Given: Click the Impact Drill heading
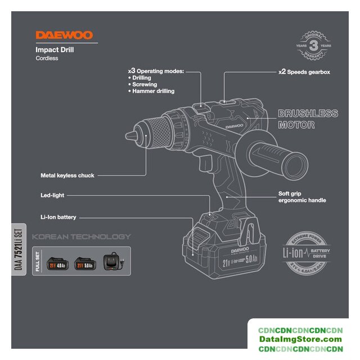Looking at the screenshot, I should (55, 49).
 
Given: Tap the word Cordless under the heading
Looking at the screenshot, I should (47, 58).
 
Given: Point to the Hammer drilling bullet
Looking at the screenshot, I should (153, 91).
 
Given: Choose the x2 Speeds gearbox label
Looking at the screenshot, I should (304, 73).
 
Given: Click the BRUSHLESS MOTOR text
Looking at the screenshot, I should (308, 119).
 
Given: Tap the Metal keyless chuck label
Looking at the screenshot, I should (67, 175).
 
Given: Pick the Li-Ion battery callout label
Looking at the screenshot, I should (58, 217).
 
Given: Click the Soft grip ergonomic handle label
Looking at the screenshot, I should (302, 197).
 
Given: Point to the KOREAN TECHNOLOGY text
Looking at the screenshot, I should (81, 236).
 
